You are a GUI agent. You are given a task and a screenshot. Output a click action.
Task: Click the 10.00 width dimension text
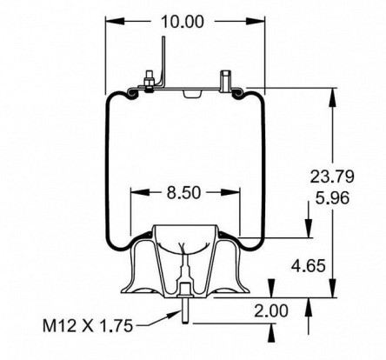click(x=176, y=22)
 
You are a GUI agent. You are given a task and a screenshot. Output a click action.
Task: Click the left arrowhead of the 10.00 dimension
click(x=111, y=22)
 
